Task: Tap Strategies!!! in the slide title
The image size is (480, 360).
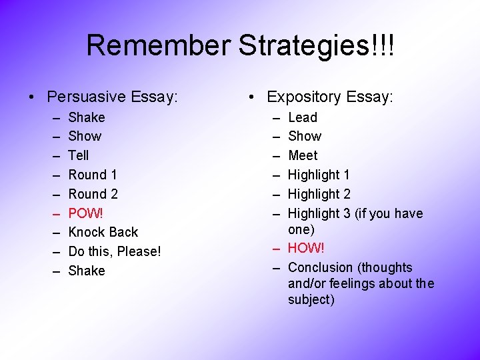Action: coord(317,45)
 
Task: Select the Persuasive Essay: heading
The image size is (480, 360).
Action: coord(113,97)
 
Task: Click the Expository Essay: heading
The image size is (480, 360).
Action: coord(329,97)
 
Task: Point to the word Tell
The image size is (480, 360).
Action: coord(79,155)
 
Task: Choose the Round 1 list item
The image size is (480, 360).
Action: coord(93,175)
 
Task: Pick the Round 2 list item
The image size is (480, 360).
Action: coord(93,194)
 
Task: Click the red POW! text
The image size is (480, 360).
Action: coord(86,213)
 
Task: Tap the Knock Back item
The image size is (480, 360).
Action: coord(103,232)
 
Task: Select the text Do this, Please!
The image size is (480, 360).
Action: coord(115,251)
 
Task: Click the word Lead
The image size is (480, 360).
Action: coord(303,117)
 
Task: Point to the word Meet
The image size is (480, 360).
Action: coord(303,155)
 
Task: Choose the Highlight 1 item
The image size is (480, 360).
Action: coord(319,175)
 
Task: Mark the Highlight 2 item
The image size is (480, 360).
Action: coord(319,194)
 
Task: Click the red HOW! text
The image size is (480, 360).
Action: coord(306,248)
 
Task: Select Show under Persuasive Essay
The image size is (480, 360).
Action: coord(85,136)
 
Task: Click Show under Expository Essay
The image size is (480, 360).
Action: coord(305,136)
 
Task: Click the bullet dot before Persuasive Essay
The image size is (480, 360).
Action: coord(32,97)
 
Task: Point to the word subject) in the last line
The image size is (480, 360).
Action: coord(311,299)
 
